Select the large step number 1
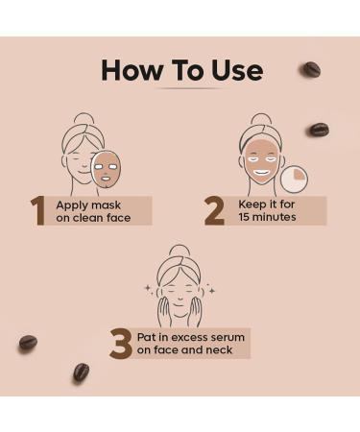coord(38,211)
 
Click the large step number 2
coord(213,211)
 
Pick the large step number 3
coord(119,344)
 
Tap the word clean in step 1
coord(86,218)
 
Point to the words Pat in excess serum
coord(189,337)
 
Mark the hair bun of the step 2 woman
coord(259,119)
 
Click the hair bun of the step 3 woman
coord(180,251)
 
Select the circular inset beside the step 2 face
coord(295,178)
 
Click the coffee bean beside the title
coord(311,69)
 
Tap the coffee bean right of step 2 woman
coord(319,129)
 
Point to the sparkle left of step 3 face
coord(147,287)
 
